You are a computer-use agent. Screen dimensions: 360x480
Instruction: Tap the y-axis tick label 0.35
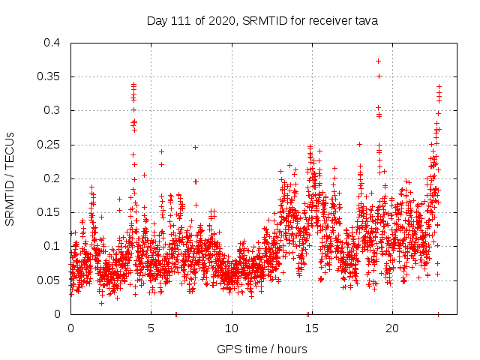[x=51, y=76]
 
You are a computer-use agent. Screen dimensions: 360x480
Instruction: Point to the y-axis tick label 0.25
[x=51, y=144]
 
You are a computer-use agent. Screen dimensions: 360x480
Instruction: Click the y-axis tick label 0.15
[x=51, y=212]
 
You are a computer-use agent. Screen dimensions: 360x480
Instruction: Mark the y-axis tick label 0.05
[x=51, y=280]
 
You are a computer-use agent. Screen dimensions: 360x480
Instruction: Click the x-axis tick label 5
[x=151, y=328]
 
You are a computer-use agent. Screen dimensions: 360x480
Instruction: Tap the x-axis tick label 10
[x=232, y=328]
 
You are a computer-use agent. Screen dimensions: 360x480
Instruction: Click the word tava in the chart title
[x=366, y=20]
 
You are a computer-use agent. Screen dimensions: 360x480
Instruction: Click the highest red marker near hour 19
[x=379, y=61]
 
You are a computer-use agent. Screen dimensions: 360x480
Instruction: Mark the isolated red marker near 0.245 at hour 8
[x=195, y=147]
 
